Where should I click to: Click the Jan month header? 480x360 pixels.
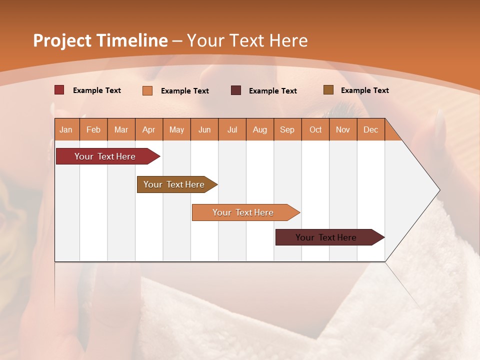coord(66,129)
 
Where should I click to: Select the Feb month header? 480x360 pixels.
coord(93,129)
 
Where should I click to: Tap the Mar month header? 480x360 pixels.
coord(121,129)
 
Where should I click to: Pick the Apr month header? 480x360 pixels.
coord(149,129)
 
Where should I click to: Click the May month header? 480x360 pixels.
coord(176,129)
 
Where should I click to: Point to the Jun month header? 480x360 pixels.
coord(204,129)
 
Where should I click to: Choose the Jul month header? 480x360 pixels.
coord(232,129)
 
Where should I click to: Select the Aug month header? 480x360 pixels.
coord(260,129)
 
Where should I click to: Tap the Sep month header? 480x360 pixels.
coord(287,129)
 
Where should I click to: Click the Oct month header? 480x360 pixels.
coord(315,129)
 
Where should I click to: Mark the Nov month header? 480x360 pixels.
coord(343,129)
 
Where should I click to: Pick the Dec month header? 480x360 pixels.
coord(371,129)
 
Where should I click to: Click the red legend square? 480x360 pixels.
coord(59,90)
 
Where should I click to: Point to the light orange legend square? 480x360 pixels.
coord(147,90)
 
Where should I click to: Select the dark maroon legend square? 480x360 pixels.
coord(236,90)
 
